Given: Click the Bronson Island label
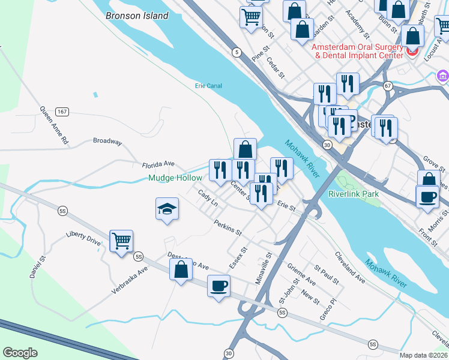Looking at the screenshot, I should pos(137,16).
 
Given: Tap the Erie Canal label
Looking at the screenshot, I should pos(208,86).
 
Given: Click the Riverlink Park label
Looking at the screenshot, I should pos(354,194).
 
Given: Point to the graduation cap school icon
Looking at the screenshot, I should pos(167,209).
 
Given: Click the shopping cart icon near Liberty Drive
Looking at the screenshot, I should pos(121,241).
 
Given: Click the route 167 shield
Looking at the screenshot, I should pos(62,112).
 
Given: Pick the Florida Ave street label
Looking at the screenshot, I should pos(158,164).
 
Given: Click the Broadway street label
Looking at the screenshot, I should pos(107,142).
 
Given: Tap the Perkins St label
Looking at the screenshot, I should pos(228,227).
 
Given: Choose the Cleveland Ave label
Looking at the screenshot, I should pos(350,267).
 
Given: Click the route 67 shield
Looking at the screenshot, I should pos(388,85).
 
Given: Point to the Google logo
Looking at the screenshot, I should pos(20,352).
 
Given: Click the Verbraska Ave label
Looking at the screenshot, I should pos(129,280).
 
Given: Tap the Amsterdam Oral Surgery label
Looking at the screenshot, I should pos(358,50).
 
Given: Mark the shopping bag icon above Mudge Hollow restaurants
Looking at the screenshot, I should pos(245,149).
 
